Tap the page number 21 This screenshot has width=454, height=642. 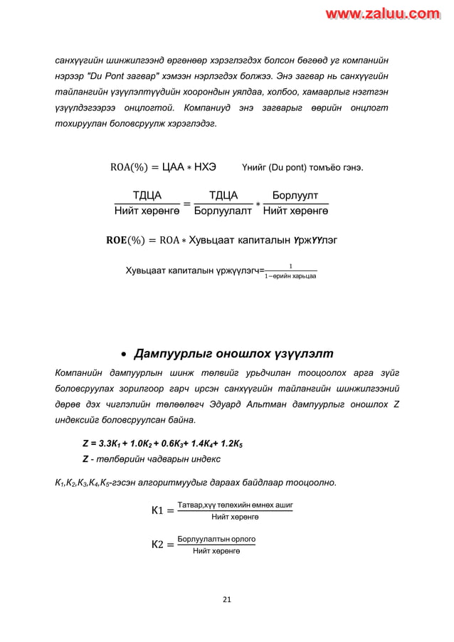pyautogui.click(x=227, y=599)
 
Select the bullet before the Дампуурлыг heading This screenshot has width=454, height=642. pyautogui.click(x=124, y=354)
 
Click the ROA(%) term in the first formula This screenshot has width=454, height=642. pyautogui.click(x=130, y=167)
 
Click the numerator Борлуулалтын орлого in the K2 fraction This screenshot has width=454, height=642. pyautogui.click(x=216, y=539)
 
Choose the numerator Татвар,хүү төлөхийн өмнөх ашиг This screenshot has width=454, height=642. pyautogui.click(x=235, y=504)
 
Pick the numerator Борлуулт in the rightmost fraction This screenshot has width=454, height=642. pyautogui.click(x=295, y=196)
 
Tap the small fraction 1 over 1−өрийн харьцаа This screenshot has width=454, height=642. pyautogui.click(x=290, y=272)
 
